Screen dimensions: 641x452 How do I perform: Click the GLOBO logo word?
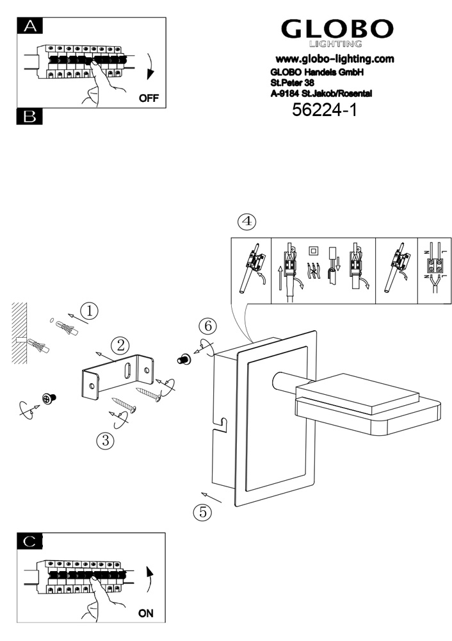[x=337, y=29]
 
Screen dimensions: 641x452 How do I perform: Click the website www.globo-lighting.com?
[x=334, y=59]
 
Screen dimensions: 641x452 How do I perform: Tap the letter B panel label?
[x=28, y=117]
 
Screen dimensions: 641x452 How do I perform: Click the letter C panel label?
[x=28, y=540]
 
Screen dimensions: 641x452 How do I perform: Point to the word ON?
[x=146, y=613]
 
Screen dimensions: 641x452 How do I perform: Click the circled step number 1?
[x=90, y=311]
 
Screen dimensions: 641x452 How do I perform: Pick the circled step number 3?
[x=104, y=440]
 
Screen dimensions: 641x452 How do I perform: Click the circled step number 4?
[x=246, y=222]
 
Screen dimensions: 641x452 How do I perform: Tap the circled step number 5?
[x=202, y=512]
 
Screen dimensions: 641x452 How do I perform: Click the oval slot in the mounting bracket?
[x=127, y=371]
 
